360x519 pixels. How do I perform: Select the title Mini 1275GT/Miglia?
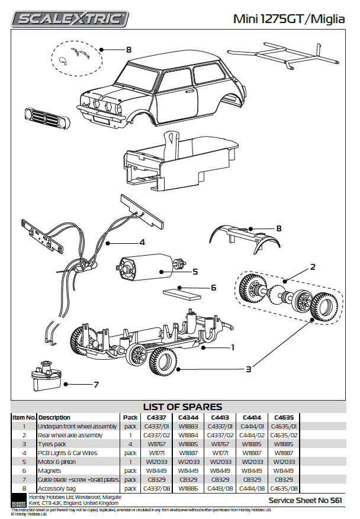pyautogui.click(x=288, y=20)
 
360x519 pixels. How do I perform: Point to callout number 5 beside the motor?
pyautogui.click(x=194, y=272)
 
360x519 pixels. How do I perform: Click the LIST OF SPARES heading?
pyautogui.click(x=182, y=407)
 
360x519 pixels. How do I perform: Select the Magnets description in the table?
pyautogui.click(x=50, y=471)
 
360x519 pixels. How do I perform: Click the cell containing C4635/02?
pyautogui.click(x=283, y=435)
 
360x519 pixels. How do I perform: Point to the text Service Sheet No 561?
pyautogui.click(x=305, y=500)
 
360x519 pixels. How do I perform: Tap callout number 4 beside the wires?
pyautogui.click(x=142, y=242)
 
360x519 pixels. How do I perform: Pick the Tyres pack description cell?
pyautogui.click(x=53, y=444)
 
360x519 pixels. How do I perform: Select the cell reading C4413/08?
pyautogui.click(x=220, y=489)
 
